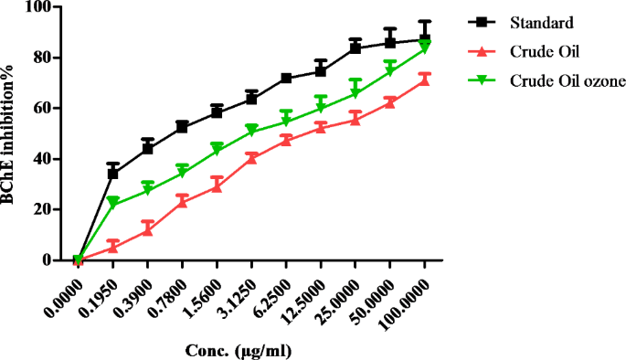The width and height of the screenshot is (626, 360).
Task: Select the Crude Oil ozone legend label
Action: click(x=568, y=81)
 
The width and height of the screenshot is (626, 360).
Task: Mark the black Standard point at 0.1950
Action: click(x=113, y=174)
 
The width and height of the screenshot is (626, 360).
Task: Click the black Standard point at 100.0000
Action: click(x=425, y=40)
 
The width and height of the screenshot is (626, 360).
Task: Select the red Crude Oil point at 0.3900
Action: click(x=147, y=229)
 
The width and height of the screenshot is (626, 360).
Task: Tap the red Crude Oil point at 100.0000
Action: click(x=425, y=80)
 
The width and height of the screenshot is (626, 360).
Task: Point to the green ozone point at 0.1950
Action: click(x=113, y=203)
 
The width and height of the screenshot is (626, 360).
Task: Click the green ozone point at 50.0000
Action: click(x=390, y=71)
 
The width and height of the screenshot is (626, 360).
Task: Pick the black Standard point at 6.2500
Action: click(x=286, y=79)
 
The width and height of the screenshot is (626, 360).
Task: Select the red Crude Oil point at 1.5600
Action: click(x=217, y=185)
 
